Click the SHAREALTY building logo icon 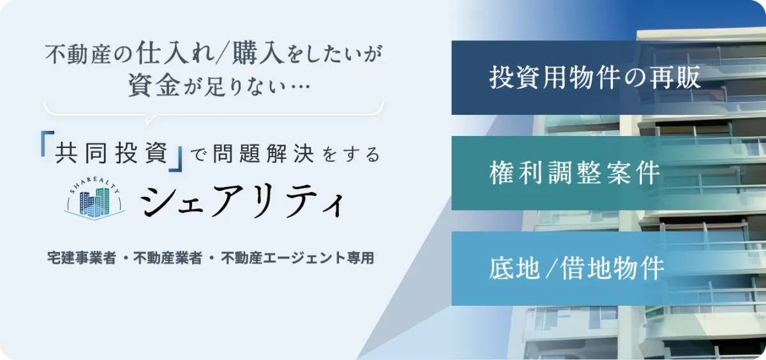click(x=94, y=199)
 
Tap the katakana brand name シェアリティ click(x=242, y=200)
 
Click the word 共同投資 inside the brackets click(x=112, y=153)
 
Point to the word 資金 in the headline click(x=154, y=84)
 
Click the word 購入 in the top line click(x=258, y=54)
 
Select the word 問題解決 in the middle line click(x=263, y=153)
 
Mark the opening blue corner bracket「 click(x=47, y=144)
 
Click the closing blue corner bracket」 click(x=176, y=159)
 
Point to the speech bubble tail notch click(x=150, y=119)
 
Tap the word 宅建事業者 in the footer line click(x=82, y=258)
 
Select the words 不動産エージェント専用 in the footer click(x=297, y=258)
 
